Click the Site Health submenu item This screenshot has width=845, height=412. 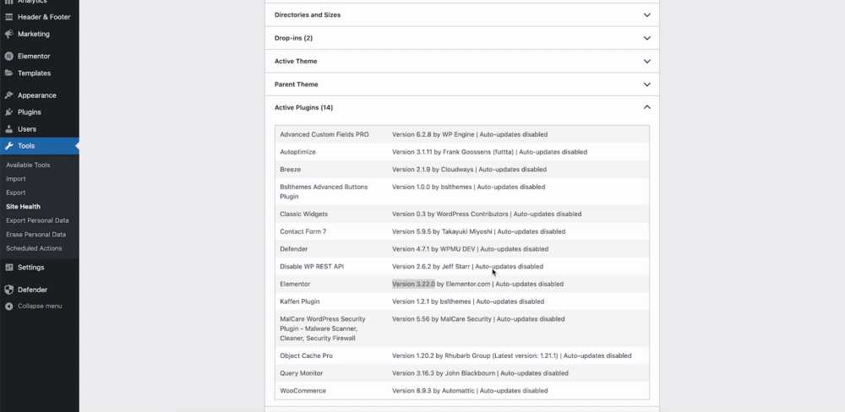[23, 207]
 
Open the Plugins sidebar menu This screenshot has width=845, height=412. [29, 112]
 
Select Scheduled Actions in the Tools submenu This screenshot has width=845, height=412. [34, 248]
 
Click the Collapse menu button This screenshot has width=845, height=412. [39, 306]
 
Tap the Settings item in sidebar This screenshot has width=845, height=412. [30, 268]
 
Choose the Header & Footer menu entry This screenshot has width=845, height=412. [44, 17]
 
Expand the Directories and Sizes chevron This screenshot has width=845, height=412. [646, 15]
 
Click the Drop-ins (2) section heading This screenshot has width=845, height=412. [293, 38]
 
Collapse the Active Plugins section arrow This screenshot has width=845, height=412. [646, 107]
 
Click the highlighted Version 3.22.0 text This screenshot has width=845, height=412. [413, 284]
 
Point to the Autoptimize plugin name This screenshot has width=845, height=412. [298, 152]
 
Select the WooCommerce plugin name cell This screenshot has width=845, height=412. [303, 391]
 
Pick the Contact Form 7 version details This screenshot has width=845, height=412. [478, 231]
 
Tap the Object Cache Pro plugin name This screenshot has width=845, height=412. [306, 355]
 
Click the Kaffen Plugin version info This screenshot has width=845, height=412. [467, 301]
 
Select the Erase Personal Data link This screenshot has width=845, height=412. [35, 235]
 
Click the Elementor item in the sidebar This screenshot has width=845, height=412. [34, 57]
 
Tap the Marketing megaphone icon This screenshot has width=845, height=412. [8, 35]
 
